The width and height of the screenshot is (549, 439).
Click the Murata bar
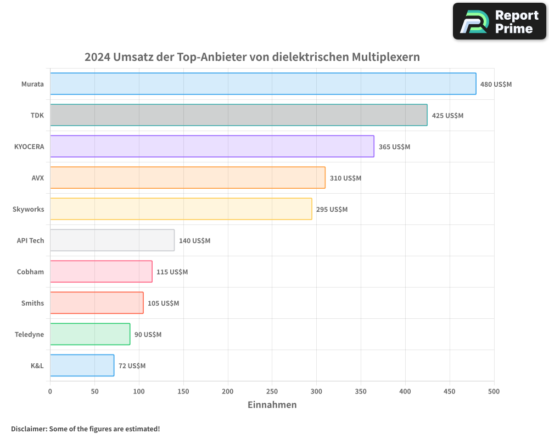(263, 84)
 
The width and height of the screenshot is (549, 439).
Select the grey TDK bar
(238, 115)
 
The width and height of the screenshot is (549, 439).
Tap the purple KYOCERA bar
(212, 147)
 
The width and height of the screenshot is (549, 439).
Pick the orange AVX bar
(187, 178)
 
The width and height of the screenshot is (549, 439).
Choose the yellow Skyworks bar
(181, 209)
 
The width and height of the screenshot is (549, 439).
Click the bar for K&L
(82, 365)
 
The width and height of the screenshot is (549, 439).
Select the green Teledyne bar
(90, 334)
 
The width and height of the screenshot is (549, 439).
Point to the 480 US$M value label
(496, 85)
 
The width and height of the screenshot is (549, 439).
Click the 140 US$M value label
(194, 241)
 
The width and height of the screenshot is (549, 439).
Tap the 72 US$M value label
(132, 366)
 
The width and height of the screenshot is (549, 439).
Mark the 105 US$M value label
(163, 303)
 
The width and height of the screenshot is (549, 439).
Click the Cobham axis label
(30, 272)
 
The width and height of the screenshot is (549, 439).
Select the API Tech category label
(30, 240)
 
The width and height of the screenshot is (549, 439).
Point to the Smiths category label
(32, 303)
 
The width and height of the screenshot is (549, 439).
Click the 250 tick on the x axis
(272, 391)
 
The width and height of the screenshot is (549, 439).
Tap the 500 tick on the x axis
(494, 391)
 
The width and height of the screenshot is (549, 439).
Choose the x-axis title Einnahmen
(272, 405)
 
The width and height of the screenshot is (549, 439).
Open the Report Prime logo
(499, 21)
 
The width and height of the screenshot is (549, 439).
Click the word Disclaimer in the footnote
(29, 429)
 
